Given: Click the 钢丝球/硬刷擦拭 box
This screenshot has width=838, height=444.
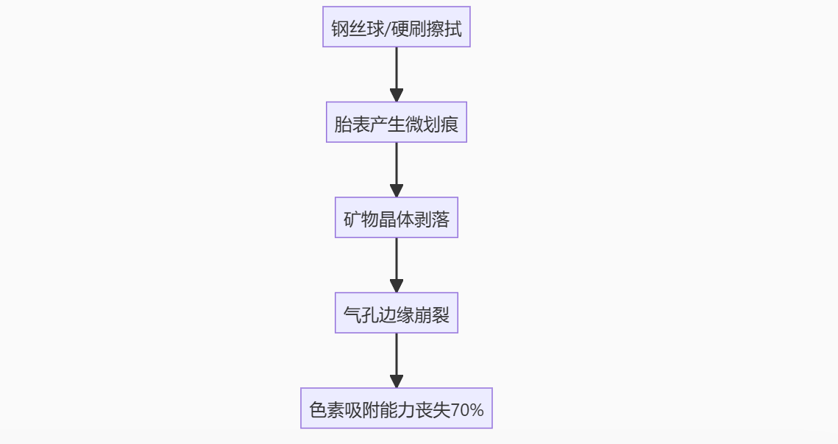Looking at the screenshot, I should (396, 27).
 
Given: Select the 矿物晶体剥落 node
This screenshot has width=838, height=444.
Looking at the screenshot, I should (396, 218).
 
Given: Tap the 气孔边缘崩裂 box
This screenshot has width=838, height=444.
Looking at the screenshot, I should (396, 313).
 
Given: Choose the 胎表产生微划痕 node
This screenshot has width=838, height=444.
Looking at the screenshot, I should (396, 123).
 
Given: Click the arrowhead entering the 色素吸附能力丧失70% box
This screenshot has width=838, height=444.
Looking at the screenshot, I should (396, 381).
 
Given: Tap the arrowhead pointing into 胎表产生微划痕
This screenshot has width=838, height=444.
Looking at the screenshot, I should (396, 96).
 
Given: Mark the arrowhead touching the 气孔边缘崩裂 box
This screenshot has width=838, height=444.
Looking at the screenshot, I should (396, 286).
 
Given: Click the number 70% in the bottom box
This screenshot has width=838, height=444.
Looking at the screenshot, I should (467, 409).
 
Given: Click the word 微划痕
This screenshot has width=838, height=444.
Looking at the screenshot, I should (431, 124).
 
